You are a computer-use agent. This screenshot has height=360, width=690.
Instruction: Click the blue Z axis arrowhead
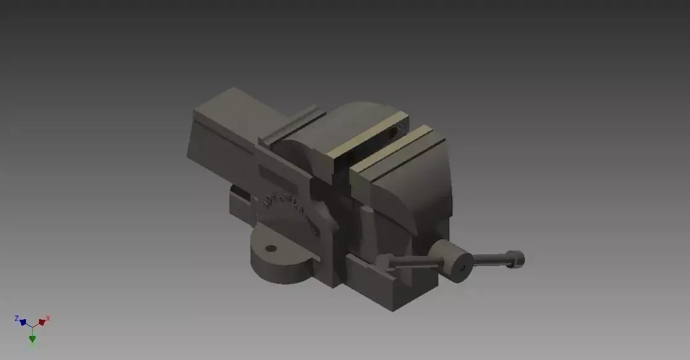tap(23, 322)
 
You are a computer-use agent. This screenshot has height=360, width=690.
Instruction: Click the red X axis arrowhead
tap(41, 322)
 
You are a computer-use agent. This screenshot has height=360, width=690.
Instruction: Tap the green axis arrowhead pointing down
tap(32, 338)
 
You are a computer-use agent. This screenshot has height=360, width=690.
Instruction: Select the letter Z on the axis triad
tap(17, 318)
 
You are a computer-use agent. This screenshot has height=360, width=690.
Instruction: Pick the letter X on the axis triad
tap(48, 318)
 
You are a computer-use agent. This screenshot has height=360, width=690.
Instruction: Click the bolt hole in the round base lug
tap(270, 249)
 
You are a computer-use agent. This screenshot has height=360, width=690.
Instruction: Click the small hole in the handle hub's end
tap(461, 268)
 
